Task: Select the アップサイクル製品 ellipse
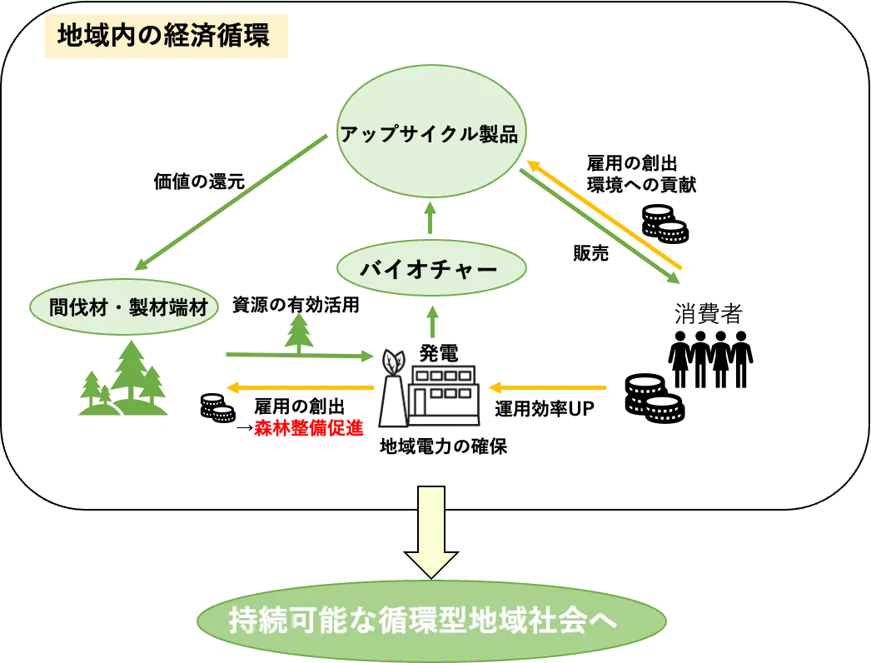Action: point(430,133)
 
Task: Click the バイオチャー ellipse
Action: point(430,269)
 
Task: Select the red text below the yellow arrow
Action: point(309,428)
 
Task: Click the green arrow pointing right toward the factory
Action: point(300,356)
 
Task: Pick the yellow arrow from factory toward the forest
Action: point(300,387)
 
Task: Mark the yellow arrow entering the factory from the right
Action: point(546,387)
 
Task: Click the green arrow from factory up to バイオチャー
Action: point(431,320)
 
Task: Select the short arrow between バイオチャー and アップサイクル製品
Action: point(431,218)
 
